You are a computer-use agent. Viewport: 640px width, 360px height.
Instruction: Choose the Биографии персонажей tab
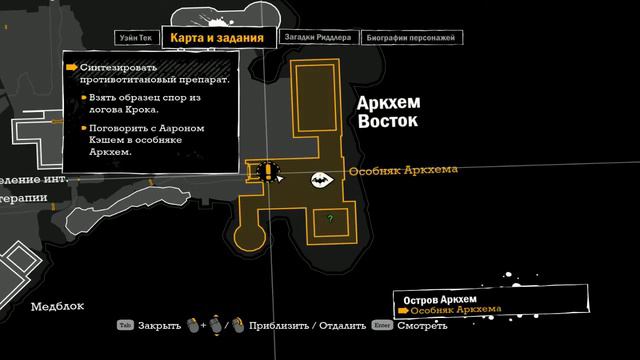[411, 38]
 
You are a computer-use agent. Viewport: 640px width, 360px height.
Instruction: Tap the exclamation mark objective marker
[266, 172]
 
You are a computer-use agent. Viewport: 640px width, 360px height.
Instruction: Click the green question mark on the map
[330, 218]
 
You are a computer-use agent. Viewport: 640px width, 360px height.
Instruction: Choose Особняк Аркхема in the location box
[456, 311]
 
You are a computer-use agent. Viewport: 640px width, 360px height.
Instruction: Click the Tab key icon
[125, 325]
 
